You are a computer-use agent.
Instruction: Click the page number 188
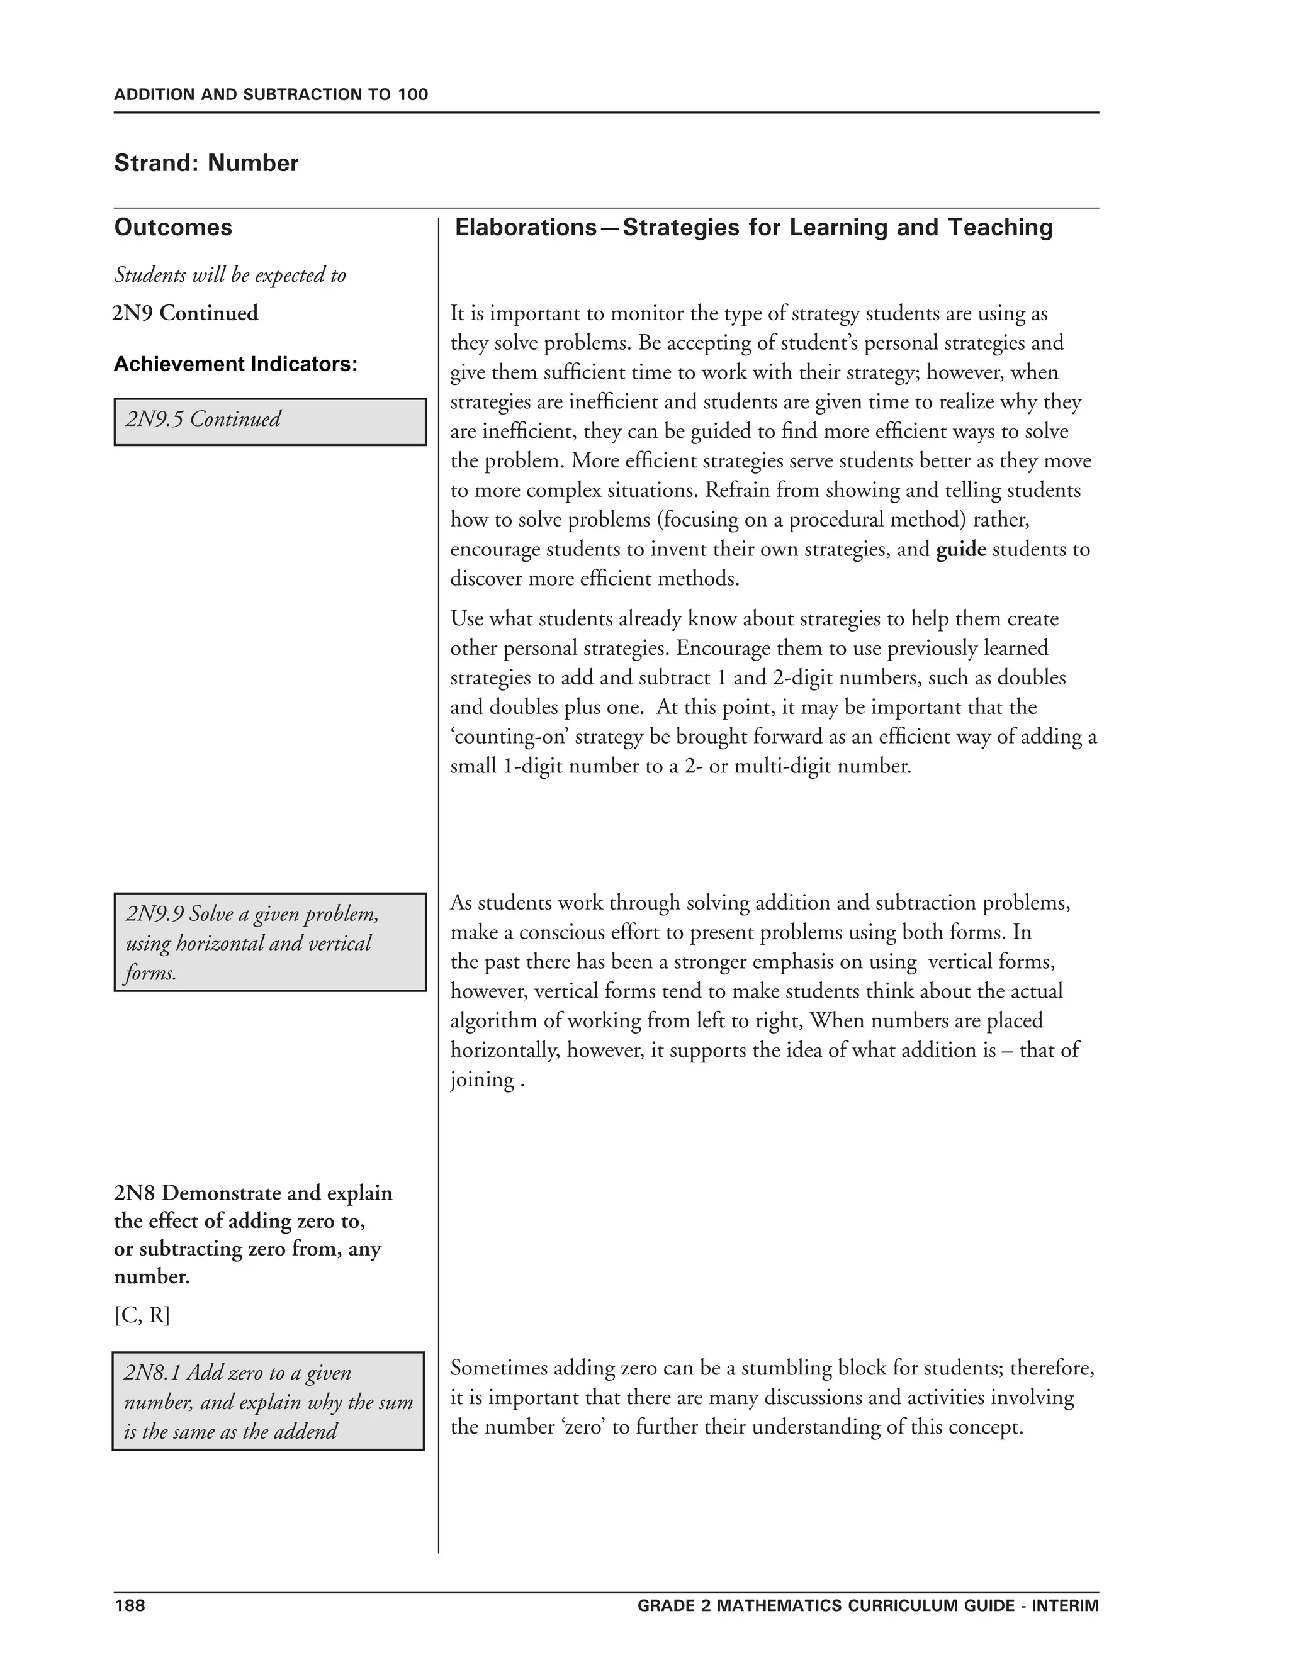pos(129,1605)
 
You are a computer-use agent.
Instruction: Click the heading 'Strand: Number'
pos(206,164)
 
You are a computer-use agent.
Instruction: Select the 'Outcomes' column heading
pos(173,228)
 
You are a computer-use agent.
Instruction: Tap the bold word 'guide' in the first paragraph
pos(960,550)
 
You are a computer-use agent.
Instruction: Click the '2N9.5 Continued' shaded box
pos(269,421)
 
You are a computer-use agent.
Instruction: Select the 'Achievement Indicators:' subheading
pos(235,365)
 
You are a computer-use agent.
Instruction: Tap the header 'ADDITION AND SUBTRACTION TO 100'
pos(271,94)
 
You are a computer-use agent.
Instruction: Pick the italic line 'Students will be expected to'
pos(230,275)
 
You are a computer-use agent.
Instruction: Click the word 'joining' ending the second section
pos(482,1080)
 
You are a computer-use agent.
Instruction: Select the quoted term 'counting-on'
pos(509,737)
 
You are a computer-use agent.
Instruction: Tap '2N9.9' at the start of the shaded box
pos(155,913)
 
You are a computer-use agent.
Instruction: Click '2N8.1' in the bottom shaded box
pos(152,1373)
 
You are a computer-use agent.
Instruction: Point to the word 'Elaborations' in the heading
pos(526,228)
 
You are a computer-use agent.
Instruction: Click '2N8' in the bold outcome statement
pos(135,1193)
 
